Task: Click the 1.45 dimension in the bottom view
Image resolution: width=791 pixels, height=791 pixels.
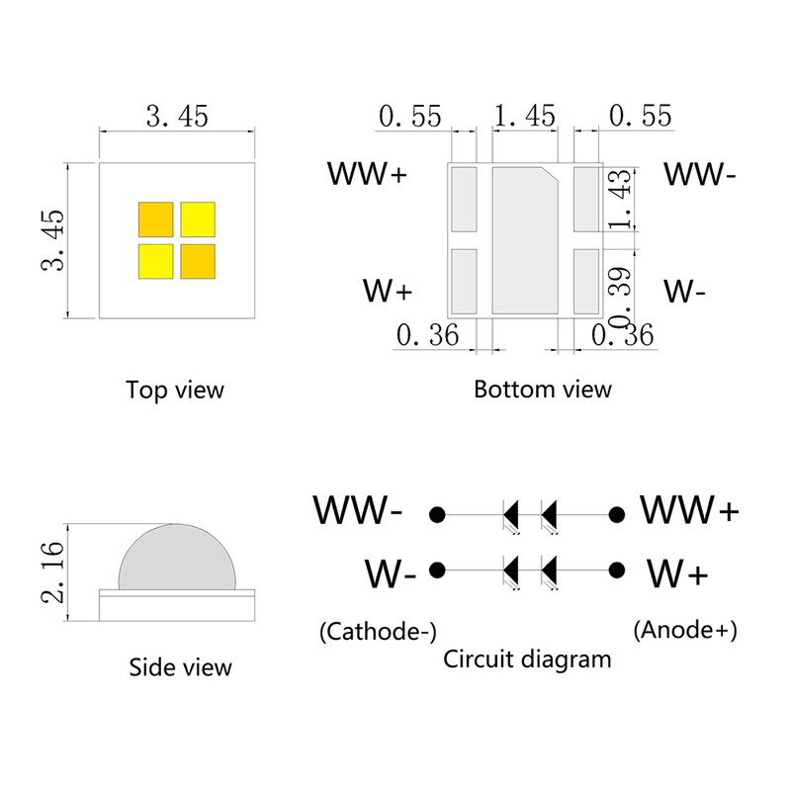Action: (x=524, y=117)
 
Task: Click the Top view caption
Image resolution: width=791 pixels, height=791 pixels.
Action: (x=175, y=390)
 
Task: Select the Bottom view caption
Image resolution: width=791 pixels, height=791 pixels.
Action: (x=543, y=389)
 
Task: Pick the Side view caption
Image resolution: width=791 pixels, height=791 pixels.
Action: (x=180, y=667)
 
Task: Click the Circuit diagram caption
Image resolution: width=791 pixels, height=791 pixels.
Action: (x=527, y=659)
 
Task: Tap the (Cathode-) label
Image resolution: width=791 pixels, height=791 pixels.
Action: (x=378, y=631)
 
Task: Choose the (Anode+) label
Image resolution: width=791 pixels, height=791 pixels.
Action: (x=686, y=629)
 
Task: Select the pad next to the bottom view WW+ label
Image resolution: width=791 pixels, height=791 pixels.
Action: (x=464, y=199)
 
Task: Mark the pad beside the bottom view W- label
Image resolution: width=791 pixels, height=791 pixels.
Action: (x=586, y=281)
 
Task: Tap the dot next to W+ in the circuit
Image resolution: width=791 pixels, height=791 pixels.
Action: (x=617, y=570)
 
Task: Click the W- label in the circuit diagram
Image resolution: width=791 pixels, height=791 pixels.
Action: (x=390, y=572)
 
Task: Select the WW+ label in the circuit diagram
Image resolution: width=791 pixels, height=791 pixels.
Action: (x=689, y=511)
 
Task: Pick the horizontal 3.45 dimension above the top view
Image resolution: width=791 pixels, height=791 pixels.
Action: (x=177, y=117)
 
